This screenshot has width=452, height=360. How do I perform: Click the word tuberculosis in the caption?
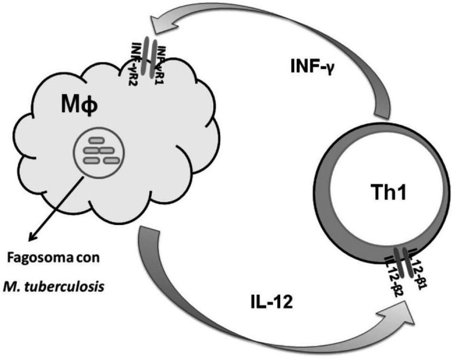[74, 284]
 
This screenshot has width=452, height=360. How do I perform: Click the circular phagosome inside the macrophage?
[98, 154]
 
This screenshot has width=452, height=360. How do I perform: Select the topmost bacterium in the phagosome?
[97, 140]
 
